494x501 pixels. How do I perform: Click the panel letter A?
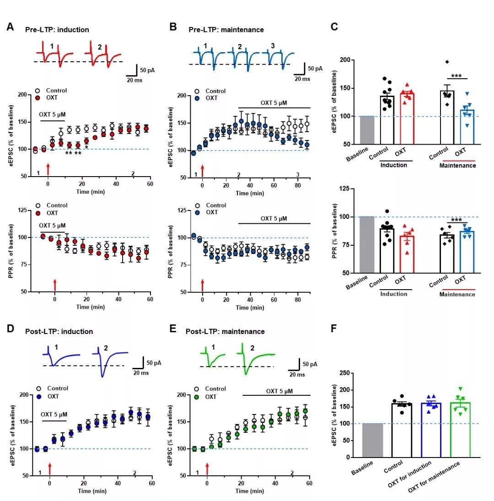(10, 27)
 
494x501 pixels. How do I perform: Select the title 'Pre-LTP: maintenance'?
(226, 30)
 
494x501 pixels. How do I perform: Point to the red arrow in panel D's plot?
(50, 469)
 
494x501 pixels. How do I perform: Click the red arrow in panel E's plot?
(207, 469)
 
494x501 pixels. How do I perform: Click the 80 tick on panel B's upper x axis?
(298, 186)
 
